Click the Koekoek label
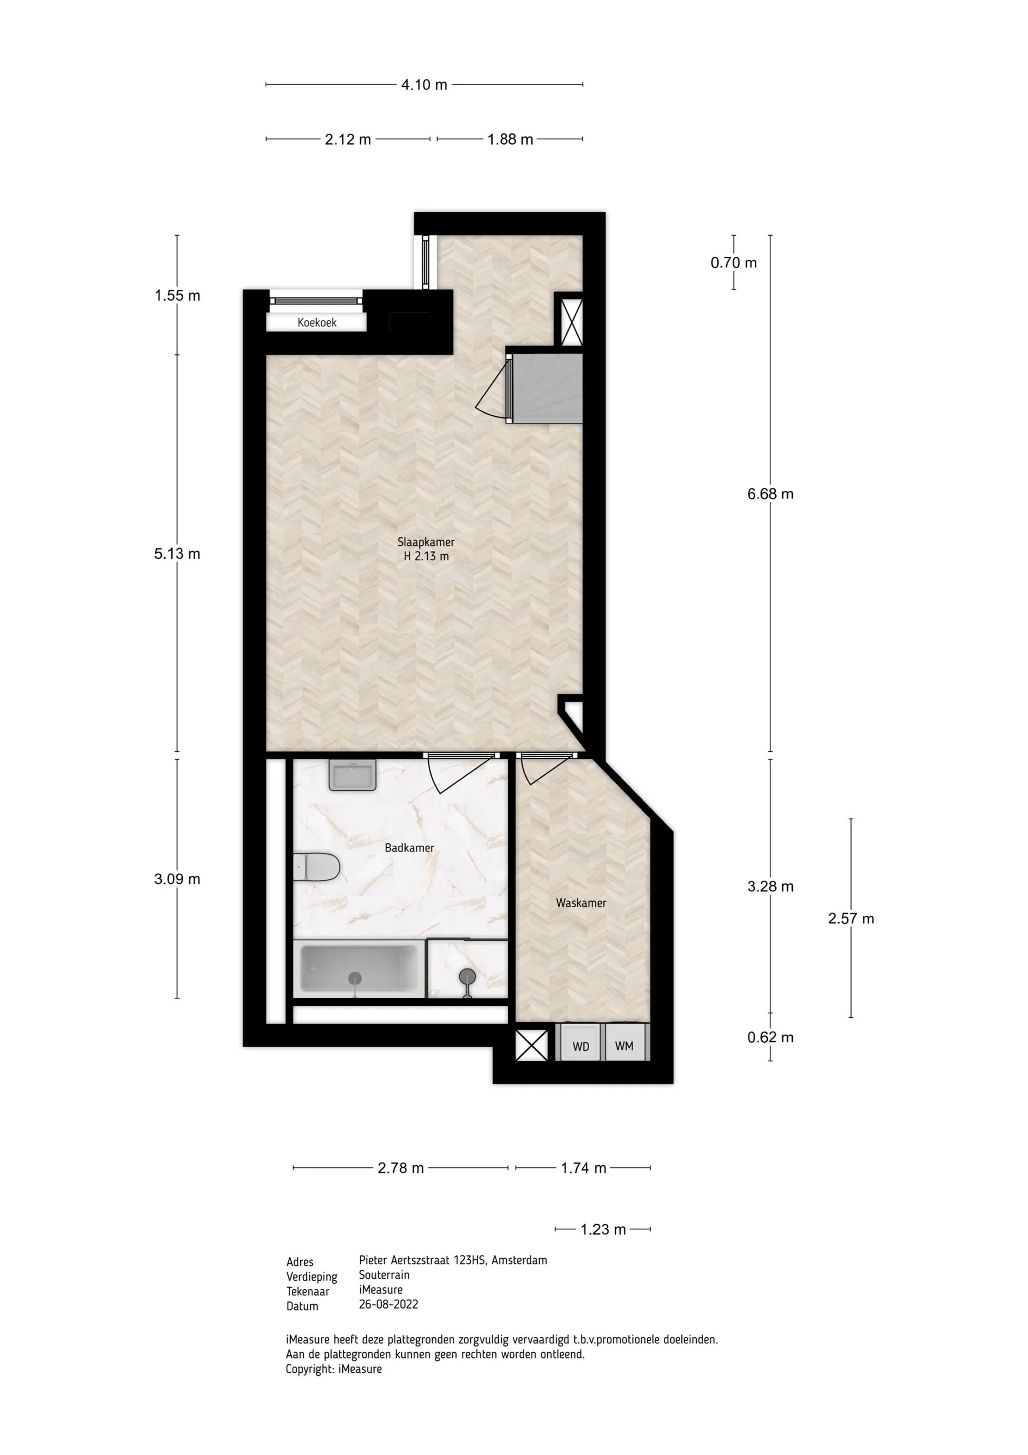316,322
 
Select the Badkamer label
409,847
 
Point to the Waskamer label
581,903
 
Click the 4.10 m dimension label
424,84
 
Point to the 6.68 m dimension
770,494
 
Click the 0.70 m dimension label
733,262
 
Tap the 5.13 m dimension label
177,553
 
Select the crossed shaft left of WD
532,1045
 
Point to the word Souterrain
384,1274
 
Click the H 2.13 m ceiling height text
426,556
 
